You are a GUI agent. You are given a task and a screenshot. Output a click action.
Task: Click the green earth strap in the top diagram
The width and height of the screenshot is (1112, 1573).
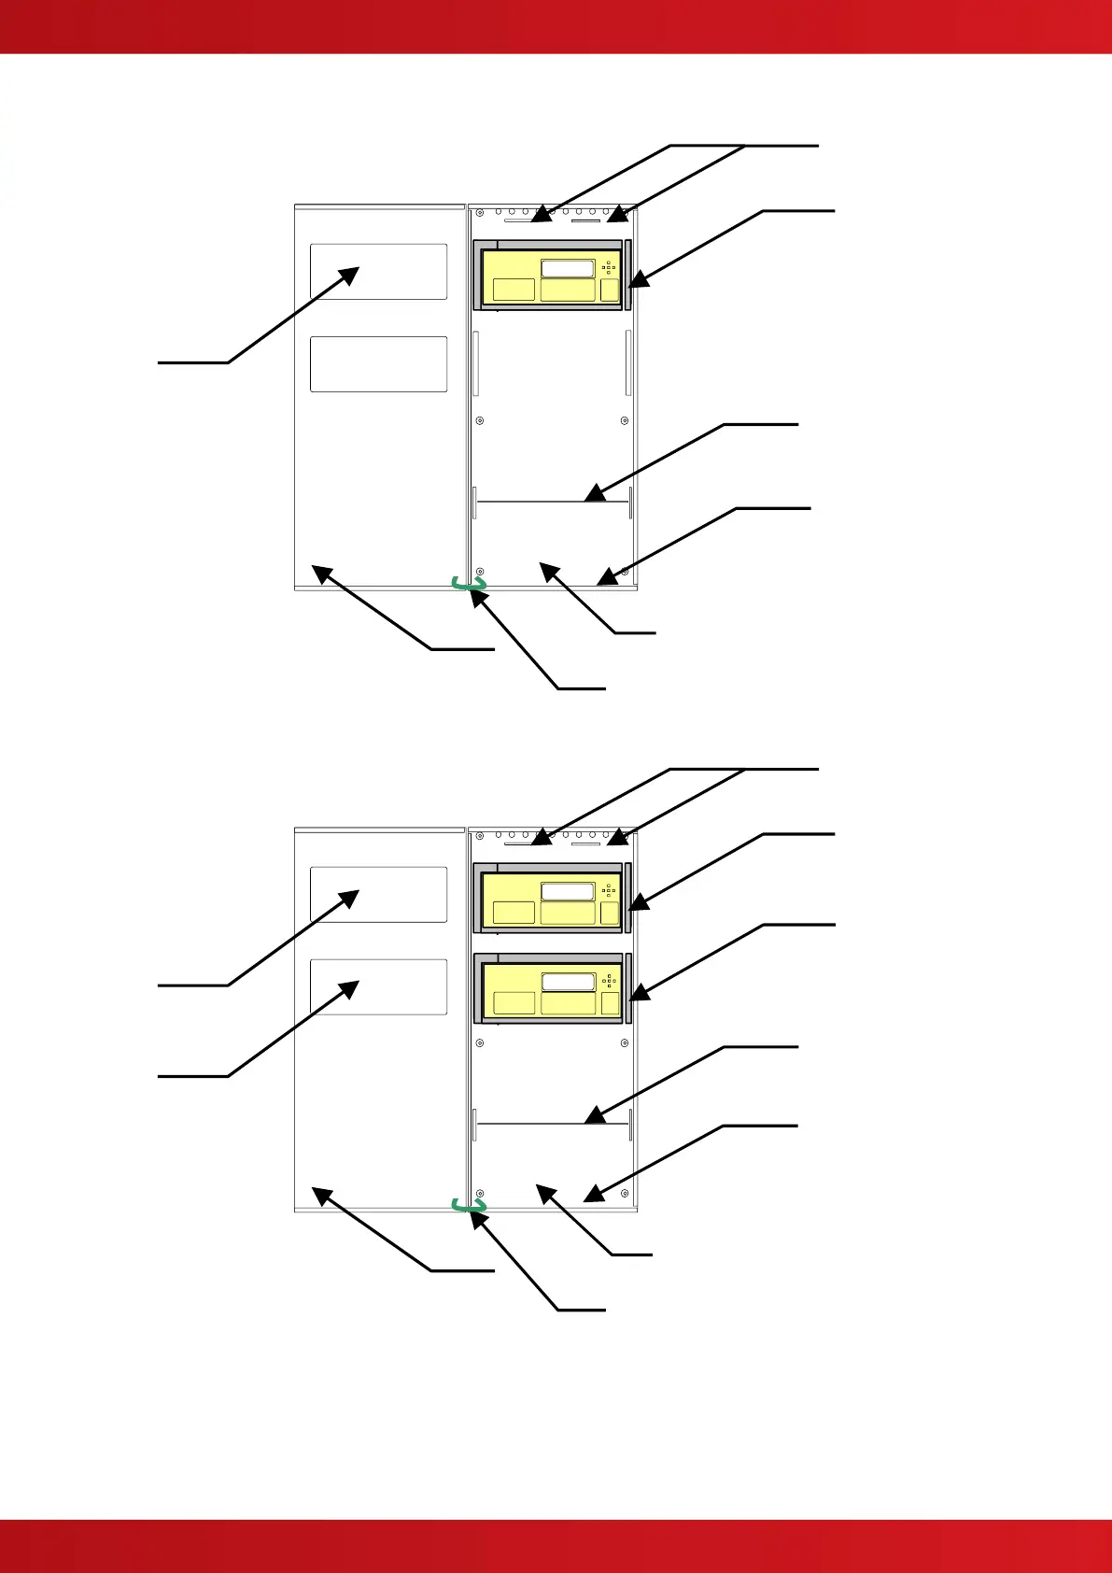(469, 584)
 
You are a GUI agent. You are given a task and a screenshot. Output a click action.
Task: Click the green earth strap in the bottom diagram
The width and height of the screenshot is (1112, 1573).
(469, 1206)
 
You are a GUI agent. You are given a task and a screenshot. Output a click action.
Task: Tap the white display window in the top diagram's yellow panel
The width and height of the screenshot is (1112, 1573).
(568, 269)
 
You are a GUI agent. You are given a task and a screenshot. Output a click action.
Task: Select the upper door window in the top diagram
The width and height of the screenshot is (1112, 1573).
(378, 272)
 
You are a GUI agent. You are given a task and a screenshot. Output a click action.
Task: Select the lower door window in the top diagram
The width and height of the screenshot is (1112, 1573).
(378, 363)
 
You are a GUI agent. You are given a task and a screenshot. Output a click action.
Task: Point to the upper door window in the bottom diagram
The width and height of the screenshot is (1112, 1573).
(378, 894)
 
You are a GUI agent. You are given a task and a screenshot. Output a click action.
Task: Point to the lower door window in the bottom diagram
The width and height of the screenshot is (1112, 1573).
(378, 986)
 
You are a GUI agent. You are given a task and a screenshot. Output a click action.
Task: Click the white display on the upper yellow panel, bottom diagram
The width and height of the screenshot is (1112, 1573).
(568, 892)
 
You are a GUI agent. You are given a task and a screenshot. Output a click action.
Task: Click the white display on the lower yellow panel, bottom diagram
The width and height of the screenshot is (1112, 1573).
(568, 983)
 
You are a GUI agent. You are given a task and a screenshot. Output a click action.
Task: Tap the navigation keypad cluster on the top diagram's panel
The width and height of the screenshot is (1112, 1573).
(609, 267)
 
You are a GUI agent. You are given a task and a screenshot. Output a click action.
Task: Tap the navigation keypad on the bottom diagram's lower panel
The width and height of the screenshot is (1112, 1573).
(609, 981)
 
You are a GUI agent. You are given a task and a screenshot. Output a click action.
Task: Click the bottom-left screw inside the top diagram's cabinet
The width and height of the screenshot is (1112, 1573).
(480, 572)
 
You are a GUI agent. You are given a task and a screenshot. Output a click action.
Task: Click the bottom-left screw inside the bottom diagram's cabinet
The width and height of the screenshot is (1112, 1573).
(480, 1194)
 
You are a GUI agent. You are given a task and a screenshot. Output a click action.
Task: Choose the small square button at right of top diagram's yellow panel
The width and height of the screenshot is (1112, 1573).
(609, 290)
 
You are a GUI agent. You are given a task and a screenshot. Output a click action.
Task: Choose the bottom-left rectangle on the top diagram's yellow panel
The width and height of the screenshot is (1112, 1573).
(514, 290)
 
